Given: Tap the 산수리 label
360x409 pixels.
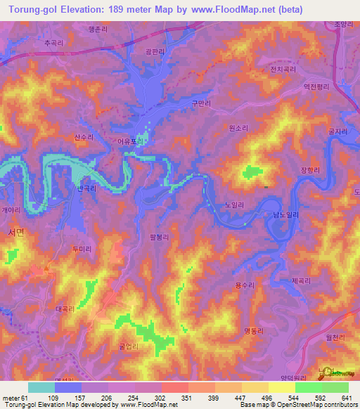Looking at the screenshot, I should [x=84, y=137].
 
